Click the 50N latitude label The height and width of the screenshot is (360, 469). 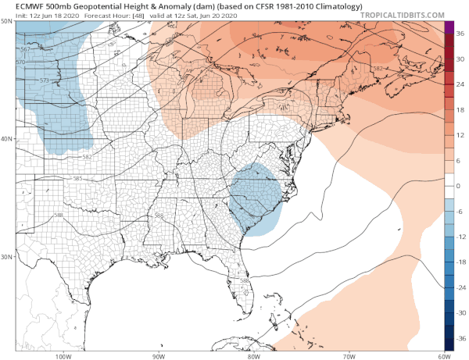[7, 21]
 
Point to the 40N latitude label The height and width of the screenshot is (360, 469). [7, 138]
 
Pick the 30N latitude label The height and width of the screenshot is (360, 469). [7, 256]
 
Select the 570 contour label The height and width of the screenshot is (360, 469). [21, 62]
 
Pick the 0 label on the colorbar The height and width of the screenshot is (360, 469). [458, 186]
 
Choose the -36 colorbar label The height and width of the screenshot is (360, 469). [460, 338]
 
